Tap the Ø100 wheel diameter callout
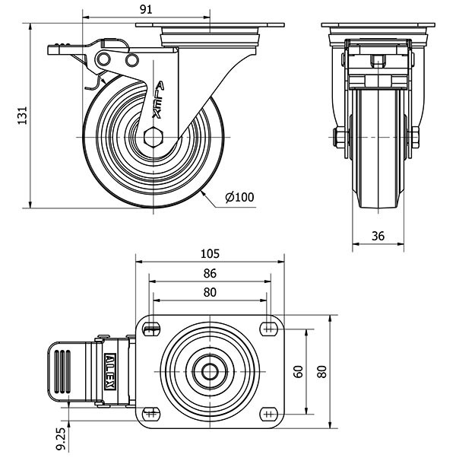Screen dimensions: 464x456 (x=239, y=198)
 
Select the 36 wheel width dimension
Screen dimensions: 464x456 (x=378, y=237)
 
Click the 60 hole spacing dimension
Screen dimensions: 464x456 (x=299, y=372)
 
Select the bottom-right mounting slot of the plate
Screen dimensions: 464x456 (x=268, y=413)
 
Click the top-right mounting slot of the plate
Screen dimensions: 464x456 (x=268, y=329)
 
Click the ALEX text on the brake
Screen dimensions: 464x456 (x=110, y=371)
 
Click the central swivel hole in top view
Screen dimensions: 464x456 (x=210, y=371)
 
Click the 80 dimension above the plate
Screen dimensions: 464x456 (x=210, y=293)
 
